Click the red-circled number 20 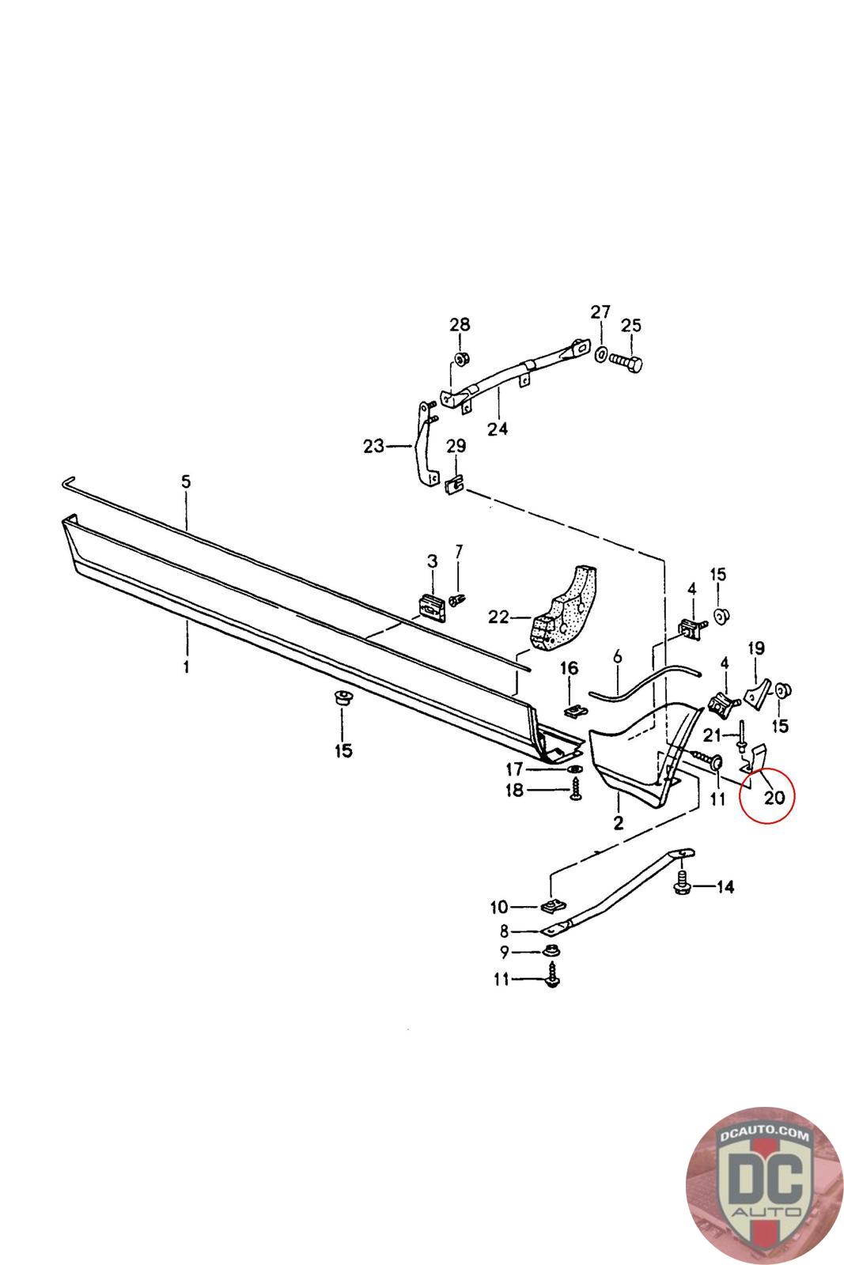(774, 797)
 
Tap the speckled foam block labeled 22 (562, 608)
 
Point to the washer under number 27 (600, 354)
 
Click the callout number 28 (460, 324)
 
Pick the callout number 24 (498, 429)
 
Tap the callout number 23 (373, 447)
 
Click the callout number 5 (186, 481)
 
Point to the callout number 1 (186, 666)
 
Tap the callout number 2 (618, 824)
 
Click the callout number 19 (756, 648)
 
